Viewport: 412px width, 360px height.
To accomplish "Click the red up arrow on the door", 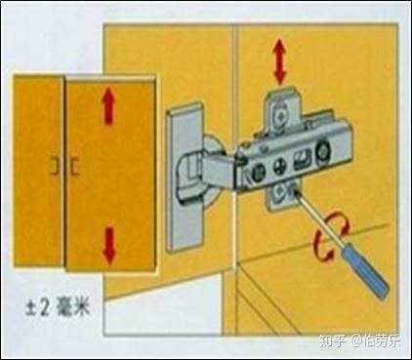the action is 108,107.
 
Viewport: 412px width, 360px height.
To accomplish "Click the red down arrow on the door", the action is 108,246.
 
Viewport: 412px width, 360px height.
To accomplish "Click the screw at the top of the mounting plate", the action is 279,114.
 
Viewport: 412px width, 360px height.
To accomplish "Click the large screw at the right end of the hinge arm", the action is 323,151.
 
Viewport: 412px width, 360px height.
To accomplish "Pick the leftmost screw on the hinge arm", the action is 257,173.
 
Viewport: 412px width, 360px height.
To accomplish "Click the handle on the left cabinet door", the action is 55,166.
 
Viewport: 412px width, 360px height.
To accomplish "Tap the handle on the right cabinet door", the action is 74,166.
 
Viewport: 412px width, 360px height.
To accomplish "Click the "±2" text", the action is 37,307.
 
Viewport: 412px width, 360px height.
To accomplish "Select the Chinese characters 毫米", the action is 73,307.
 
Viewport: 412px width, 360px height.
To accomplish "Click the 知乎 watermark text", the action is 332,341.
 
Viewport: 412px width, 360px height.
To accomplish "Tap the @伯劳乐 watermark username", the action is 375,341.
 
